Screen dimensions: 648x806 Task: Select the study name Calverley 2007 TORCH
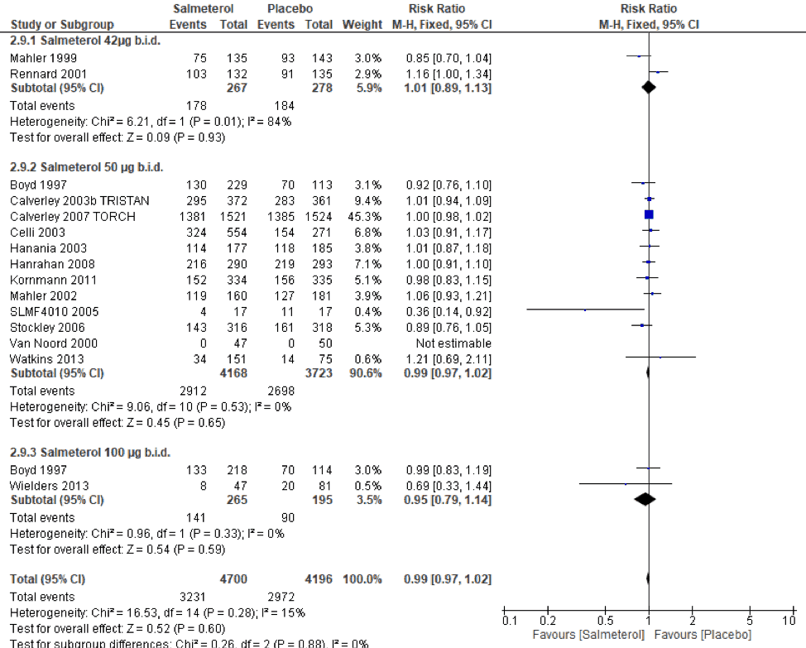pyautogui.click(x=71, y=215)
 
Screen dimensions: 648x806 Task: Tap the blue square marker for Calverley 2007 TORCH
pyautogui.click(x=649, y=215)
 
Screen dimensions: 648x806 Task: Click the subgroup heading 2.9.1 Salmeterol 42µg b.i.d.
pyautogui.click(x=85, y=41)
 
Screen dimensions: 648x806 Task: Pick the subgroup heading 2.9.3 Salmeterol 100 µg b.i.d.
pyautogui.click(x=89, y=452)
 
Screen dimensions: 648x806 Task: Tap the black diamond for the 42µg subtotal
pyautogui.click(x=649, y=87)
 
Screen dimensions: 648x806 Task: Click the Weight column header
pyautogui.click(x=362, y=24)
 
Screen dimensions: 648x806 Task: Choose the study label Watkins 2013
pyautogui.click(x=41, y=358)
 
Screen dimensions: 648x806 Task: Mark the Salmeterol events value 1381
pyautogui.click(x=191, y=215)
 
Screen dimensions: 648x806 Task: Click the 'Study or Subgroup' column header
pyautogui.click(x=62, y=24)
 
